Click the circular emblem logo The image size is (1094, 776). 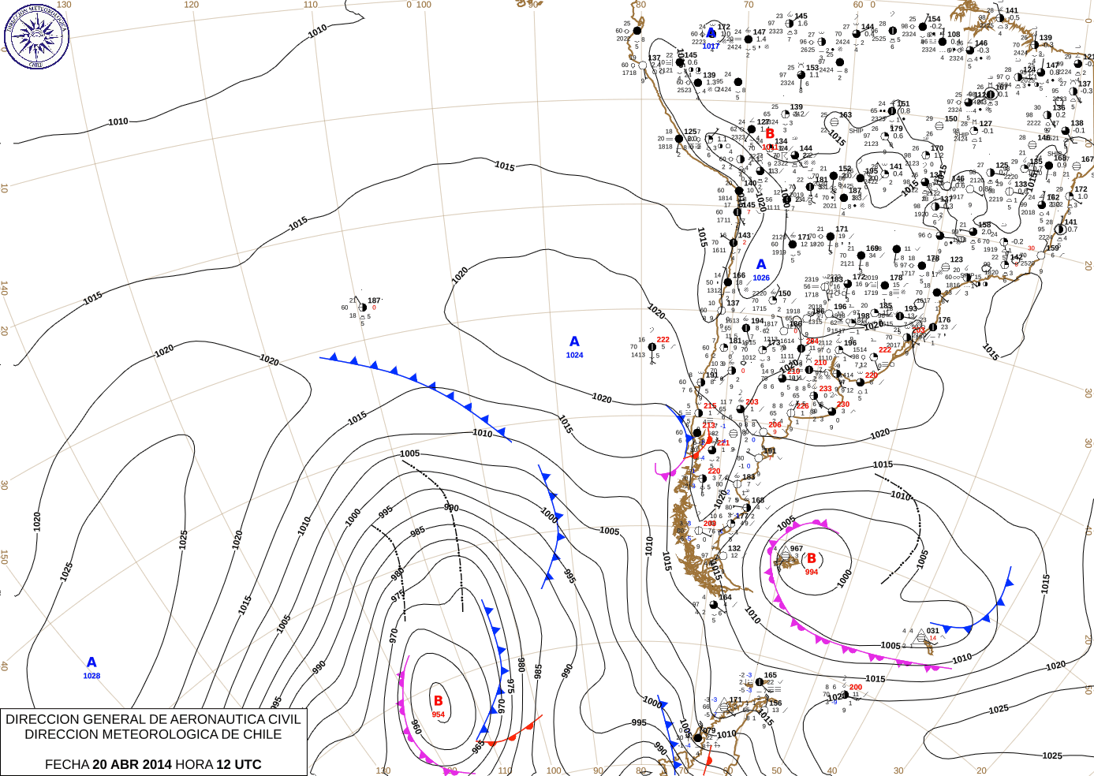pyautogui.click(x=36, y=36)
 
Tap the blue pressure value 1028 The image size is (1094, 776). pyautogui.click(x=91, y=676)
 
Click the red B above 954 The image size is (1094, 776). pyautogui.click(x=439, y=700)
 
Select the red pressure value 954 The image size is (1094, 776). pyautogui.click(x=438, y=714)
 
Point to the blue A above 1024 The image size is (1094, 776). pyautogui.click(x=574, y=341)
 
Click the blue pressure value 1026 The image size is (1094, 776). pyautogui.click(x=761, y=278)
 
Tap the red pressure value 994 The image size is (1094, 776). pyautogui.click(x=812, y=572)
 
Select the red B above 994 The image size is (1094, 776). pyautogui.click(x=811, y=558)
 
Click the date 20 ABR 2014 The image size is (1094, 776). pyautogui.click(x=132, y=764)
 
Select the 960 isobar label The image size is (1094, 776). pyautogui.click(x=416, y=726)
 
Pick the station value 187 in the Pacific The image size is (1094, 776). pyautogui.click(x=374, y=300)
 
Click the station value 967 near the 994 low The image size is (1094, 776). pyautogui.click(x=797, y=549)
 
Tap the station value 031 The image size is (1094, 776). pyautogui.click(x=933, y=631)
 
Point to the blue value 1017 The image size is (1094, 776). pyautogui.click(x=711, y=47)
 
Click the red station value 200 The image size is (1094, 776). pyautogui.click(x=856, y=687)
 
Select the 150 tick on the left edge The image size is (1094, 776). pyautogui.click(x=4, y=557)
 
